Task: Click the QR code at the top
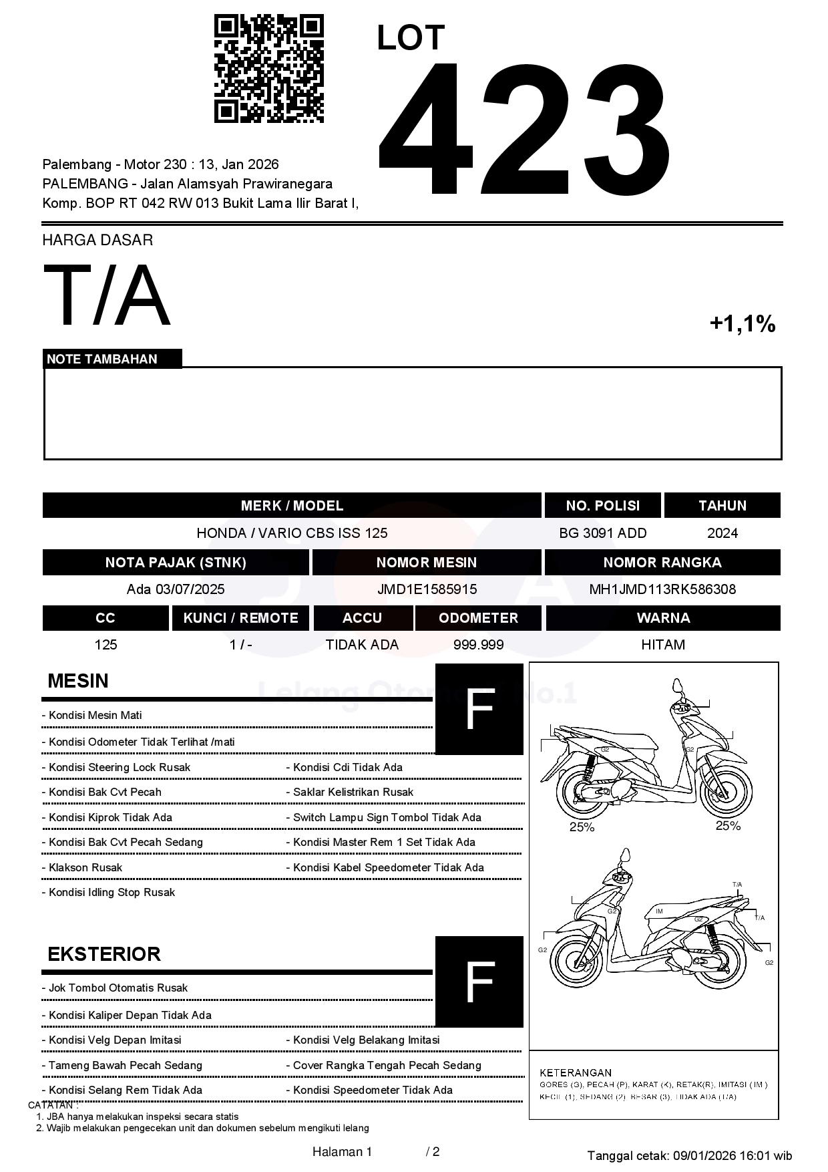coord(268,69)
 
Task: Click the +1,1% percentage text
coord(742,324)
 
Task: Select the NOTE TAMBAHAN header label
coord(102,359)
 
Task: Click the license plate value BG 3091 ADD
coord(602,533)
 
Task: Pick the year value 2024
coord(722,533)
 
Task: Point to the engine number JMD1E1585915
coord(427,589)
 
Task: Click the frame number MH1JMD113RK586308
coord(662,589)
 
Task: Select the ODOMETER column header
coord(478,618)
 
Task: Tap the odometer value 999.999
coord(478,645)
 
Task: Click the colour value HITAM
coord(662,645)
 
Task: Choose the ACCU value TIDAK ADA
coord(362,645)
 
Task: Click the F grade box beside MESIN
coord(479,709)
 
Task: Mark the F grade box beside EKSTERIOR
coord(479,981)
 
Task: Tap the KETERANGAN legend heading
coord(575,1072)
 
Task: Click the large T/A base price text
coord(107,295)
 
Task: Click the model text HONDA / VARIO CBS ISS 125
coord(292,533)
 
